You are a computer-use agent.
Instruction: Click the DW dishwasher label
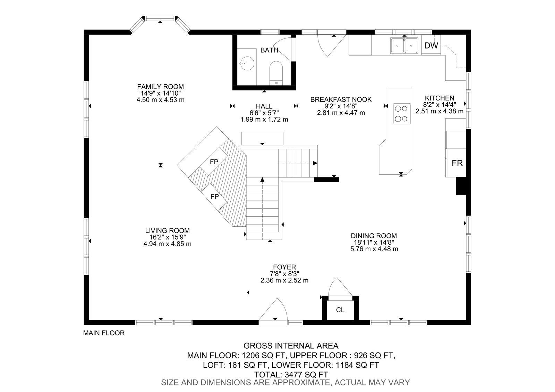tap(431, 45)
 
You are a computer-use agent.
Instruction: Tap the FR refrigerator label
tap(457, 163)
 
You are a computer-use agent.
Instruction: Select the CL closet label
tap(340, 310)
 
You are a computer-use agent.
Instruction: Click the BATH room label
tap(269, 50)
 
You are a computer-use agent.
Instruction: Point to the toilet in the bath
tap(276, 73)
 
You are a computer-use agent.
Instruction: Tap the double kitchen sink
tap(404, 45)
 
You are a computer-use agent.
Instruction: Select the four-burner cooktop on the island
tap(402, 114)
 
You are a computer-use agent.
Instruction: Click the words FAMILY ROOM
tap(161, 87)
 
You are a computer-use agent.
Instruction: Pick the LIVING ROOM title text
tap(168, 230)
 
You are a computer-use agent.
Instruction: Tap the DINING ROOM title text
tap(374, 236)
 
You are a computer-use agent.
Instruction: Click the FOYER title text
tap(284, 267)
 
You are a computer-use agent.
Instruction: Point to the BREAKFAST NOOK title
tap(341, 99)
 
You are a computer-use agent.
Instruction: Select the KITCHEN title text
tap(439, 98)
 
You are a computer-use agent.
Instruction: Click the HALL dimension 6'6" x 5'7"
tap(264, 113)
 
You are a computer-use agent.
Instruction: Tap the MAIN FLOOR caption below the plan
tap(104, 333)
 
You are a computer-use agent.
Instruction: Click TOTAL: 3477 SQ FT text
tap(291, 375)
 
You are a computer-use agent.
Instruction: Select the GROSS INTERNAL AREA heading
tap(291, 346)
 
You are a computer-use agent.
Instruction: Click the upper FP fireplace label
tap(214, 162)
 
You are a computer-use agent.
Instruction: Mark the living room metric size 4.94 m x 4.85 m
tap(168, 244)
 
